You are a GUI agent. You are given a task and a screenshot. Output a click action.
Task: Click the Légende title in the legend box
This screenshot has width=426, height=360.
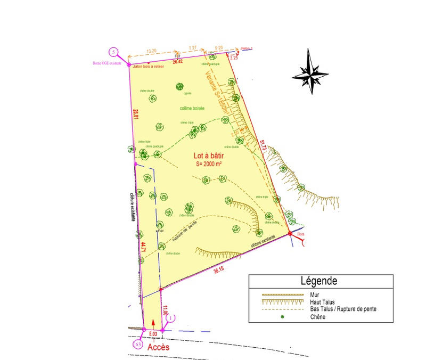tap(319, 280)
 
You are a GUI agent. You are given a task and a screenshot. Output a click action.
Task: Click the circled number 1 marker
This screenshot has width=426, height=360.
tap(170, 318)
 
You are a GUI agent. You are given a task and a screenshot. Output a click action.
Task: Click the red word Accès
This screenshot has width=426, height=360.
tap(159, 347)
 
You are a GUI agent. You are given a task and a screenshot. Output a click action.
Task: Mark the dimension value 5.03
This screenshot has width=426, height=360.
tap(152, 333)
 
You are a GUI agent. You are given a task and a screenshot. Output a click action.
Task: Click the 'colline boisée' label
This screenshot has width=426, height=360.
tap(192, 108)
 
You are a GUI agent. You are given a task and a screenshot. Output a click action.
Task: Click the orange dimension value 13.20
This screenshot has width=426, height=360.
tap(151, 51)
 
